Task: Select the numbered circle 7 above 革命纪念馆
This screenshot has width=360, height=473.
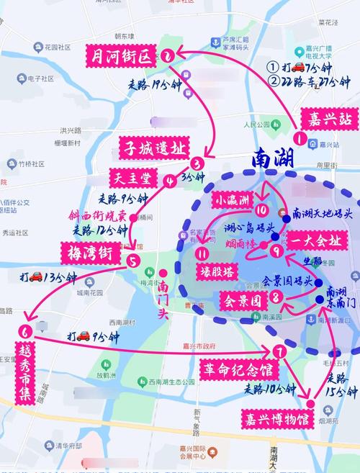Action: [279, 351]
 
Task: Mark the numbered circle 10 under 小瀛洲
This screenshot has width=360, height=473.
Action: [261, 211]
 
